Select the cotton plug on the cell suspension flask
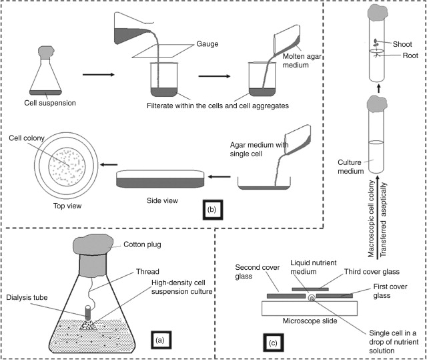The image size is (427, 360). [47, 51]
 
